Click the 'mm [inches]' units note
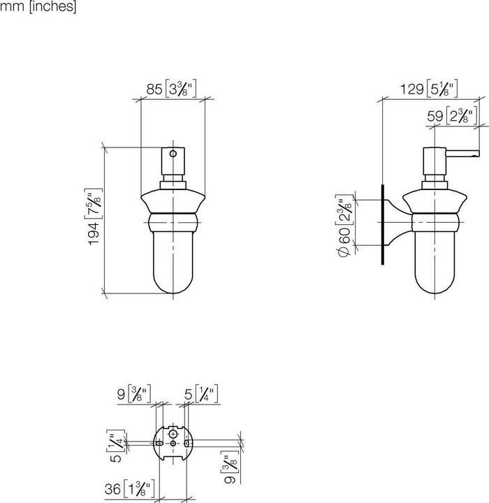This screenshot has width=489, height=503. pos(38,8)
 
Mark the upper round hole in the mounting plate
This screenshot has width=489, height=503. pos(172,433)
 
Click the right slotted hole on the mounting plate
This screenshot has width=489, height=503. pos(186,443)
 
